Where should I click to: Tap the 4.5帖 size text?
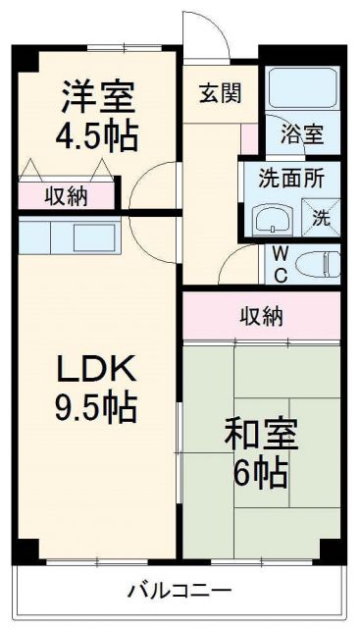click(96, 134)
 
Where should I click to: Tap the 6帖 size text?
click(261, 474)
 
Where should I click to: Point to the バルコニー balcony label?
click(179, 591)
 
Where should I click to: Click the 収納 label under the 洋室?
click(67, 196)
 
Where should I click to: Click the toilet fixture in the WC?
click(315, 263)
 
